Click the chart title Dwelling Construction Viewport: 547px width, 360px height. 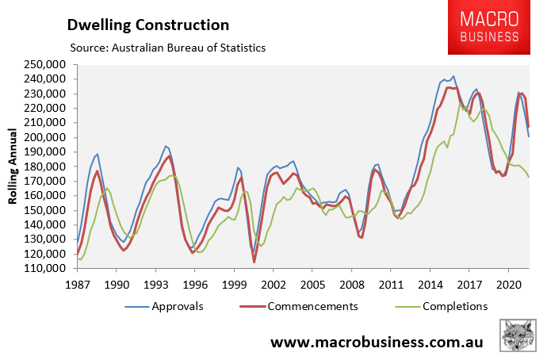point(147,25)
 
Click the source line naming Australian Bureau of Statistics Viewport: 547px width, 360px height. point(167,48)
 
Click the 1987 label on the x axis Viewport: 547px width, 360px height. point(78,283)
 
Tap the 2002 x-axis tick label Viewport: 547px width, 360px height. point(273,283)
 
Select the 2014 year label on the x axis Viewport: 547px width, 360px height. point(430,283)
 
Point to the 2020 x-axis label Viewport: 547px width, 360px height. point(507,283)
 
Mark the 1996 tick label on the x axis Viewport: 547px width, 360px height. point(195,283)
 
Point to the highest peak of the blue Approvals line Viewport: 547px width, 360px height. point(453,76)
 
